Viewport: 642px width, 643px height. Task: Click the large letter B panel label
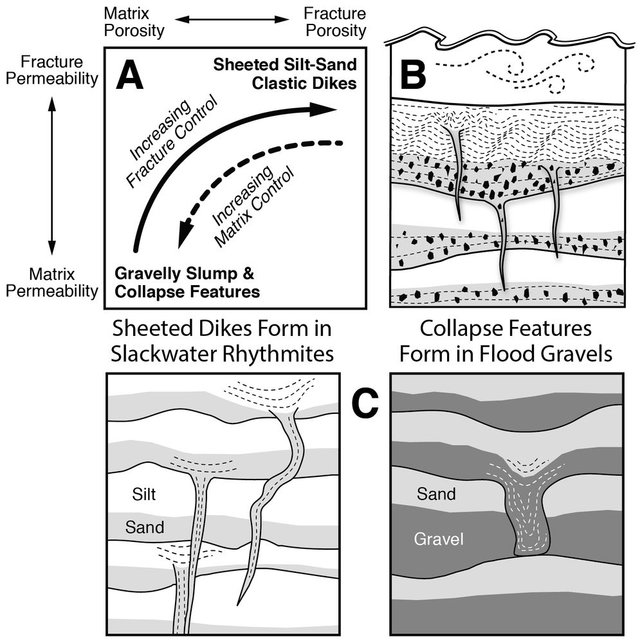pos(413,75)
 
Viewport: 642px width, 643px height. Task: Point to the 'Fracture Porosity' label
pos(335,21)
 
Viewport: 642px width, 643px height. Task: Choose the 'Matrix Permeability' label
pos(51,283)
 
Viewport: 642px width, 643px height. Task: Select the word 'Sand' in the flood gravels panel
pos(436,494)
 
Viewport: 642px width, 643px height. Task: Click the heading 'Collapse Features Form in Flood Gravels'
pos(505,342)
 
